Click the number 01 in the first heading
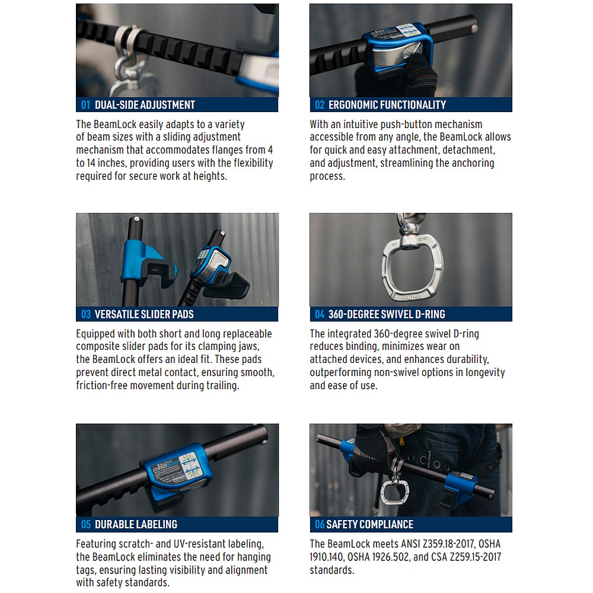coord(85,105)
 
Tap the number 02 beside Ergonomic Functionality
coord(320,105)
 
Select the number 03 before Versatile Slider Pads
coord(86,314)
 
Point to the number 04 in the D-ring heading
coord(320,314)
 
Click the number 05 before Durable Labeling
coord(86,524)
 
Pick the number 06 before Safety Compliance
coord(320,524)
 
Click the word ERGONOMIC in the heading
coord(353,105)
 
